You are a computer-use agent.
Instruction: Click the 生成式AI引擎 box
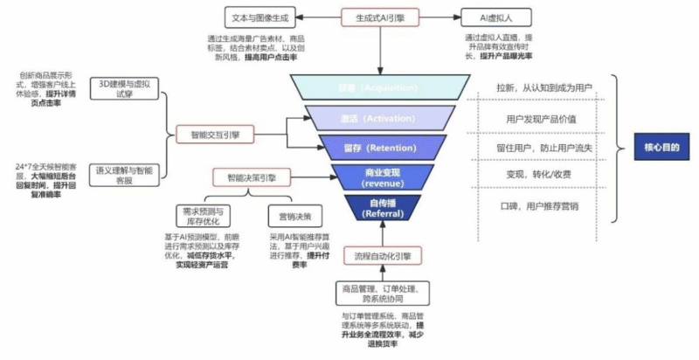click(x=380, y=17)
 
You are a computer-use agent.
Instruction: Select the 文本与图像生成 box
click(x=260, y=17)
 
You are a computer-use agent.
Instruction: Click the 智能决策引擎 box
click(x=252, y=178)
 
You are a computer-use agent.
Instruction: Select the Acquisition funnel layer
click(x=381, y=87)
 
